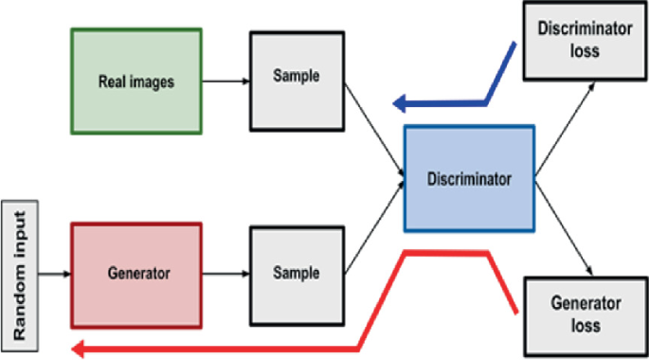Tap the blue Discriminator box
tap(469, 177)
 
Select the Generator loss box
tap(586, 314)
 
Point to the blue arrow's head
tap(400, 102)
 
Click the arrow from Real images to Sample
tap(225, 81)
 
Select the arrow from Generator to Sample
tap(225, 274)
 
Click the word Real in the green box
tap(112, 81)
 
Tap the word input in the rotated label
tap(19, 244)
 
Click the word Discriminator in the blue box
tap(469, 177)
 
